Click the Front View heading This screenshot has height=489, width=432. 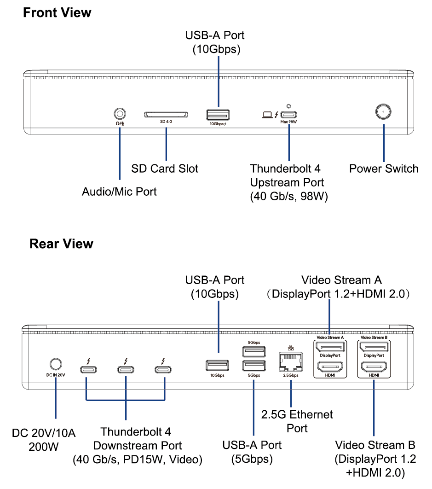point(57,12)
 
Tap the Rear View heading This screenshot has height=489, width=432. point(61,243)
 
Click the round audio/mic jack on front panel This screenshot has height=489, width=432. point(120,113)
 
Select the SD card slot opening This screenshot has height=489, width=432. point(166,114)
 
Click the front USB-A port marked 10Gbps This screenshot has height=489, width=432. point(218,115)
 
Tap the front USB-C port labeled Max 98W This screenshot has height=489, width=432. point(289,115)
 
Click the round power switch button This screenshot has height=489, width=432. point(383,111)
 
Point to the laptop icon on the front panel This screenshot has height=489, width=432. point(267,115)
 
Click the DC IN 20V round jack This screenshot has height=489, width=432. point(55,364)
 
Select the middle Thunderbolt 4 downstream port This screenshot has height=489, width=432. point(125,369)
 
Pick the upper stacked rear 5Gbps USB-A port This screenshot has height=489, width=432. point(253,352)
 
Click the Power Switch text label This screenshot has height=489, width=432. point(384,169)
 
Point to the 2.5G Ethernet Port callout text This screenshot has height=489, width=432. point(297,421)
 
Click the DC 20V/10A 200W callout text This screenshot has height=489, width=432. point(44,439)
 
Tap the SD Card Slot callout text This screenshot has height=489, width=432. point(165,169)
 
